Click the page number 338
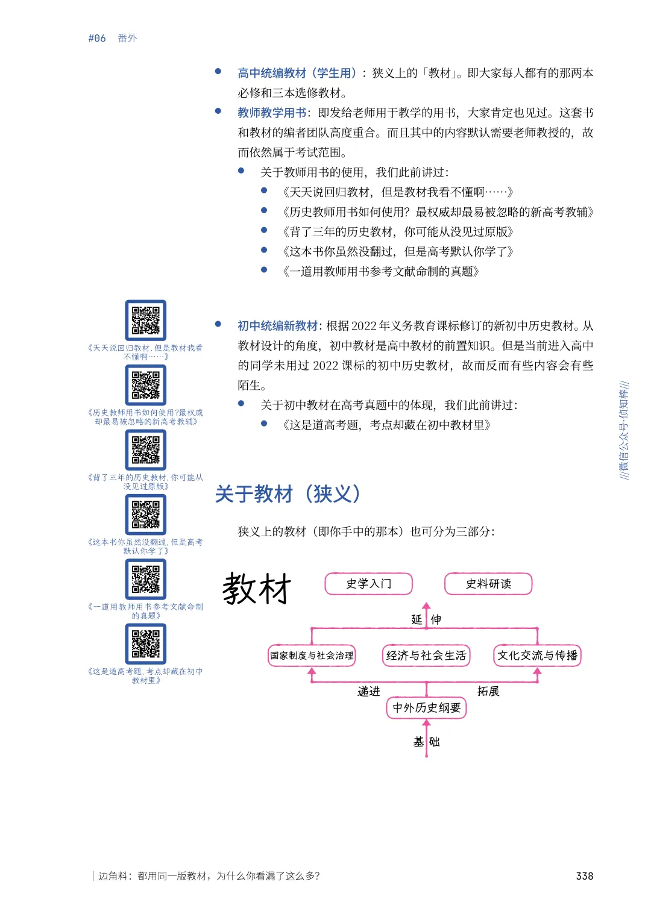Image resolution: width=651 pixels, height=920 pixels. click(x=584, y=876)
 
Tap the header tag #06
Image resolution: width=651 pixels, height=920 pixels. click(x=97, y=39)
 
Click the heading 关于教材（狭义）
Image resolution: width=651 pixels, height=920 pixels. click(x=288, y=494)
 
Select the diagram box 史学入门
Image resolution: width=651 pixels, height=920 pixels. click(x=368, y=584)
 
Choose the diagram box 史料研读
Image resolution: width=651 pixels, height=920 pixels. click(x=488, y=584)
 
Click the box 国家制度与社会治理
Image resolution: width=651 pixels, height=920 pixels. click(x=312, y=656)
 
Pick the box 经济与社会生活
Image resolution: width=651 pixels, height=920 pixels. click(x=426, y=656)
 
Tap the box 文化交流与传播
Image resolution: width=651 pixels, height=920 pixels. click(x=537, y=656)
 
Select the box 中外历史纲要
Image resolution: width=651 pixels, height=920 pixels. click(x=426, y=708)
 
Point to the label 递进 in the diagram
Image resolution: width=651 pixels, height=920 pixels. click(x=369, y=692)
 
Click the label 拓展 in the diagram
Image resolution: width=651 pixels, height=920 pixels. click(x=488, y=692)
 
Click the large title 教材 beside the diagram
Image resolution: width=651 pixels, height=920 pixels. click(x=257, y=589)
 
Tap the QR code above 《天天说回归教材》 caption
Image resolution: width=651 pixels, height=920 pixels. click(x=146, y=321)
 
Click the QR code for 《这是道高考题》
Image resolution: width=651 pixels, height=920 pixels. click(x=146, y=643)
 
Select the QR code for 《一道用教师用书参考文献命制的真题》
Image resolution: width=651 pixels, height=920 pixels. click(x=146, y=579)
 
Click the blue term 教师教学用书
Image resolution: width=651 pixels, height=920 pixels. click(x=272, y=113)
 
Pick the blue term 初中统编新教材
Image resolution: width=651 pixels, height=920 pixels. click(x=277, y=326)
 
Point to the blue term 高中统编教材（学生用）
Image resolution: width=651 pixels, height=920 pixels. click(x=297, y=73)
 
